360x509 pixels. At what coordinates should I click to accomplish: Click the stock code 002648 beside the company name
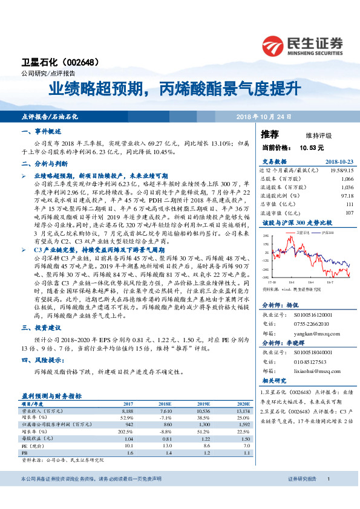click(x=80, y=62)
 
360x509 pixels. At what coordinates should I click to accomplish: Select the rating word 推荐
click(x=270, y=134)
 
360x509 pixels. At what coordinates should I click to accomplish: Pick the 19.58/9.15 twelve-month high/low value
click(x=341, y=171)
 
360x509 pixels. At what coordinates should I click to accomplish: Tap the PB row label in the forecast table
click(x=25, y=452)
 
